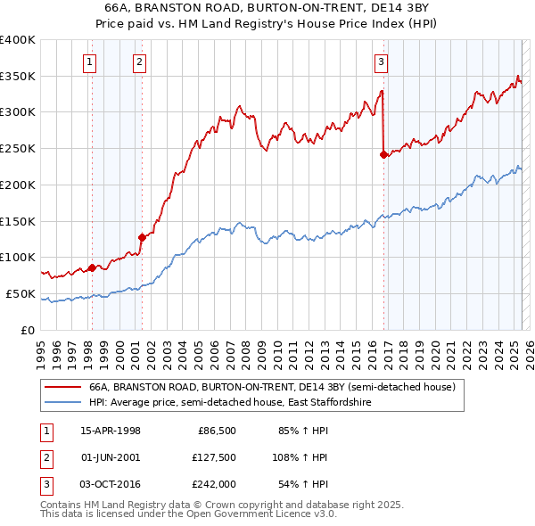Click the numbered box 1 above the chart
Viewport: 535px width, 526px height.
coord(91,62)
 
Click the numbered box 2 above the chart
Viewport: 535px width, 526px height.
coord(140,62)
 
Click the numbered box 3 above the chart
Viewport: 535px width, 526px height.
coord(381,62)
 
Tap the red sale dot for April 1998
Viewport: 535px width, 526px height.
coord(92,267)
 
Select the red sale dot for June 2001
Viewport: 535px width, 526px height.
coord(142,236)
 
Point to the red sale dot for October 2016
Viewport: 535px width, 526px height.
coord(383,154)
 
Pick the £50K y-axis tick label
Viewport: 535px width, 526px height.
coord(21,293)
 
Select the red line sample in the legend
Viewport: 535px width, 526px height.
coord(62,388)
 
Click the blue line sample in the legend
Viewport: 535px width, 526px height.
coord(62,403)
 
